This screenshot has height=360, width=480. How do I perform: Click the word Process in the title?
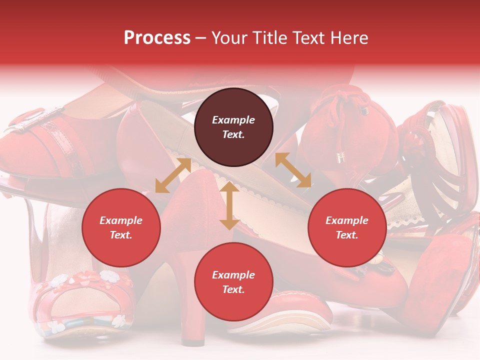coord(157,38)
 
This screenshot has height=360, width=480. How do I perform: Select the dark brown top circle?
coord(233,127)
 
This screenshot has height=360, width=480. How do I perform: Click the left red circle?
coord(121,227)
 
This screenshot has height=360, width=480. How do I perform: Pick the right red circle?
coord(347,227)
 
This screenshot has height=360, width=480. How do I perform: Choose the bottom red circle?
coord(233,282)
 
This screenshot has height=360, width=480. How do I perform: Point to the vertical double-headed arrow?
coord(229,206)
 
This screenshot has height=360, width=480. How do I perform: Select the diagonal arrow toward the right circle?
coord(293,170)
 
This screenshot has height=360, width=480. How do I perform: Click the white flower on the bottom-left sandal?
coord(108,275)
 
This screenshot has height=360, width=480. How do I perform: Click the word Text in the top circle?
coord(233,134)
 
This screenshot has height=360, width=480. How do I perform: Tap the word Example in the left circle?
coord(121,220)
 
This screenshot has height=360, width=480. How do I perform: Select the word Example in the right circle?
coord(347,220)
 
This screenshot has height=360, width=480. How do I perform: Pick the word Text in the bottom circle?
coord(233,289)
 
